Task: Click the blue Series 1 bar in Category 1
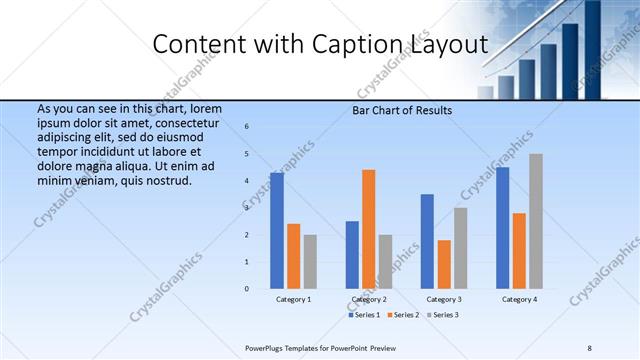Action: coord(277,231)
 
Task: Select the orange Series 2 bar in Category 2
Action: coord(368,229)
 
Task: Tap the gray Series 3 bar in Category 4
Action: coord(536,221)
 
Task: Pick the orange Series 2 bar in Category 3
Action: coord(444,264)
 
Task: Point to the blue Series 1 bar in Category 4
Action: coord(502,228)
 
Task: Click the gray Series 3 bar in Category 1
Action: coord(310,261)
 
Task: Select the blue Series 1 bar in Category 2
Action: coord(352,255)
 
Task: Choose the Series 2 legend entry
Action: coord(403,315)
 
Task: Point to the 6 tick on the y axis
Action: coord(247,126)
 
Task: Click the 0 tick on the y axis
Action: coord(247,289)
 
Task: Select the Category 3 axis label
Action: coord(444,299)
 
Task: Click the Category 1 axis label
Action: coord(293,299)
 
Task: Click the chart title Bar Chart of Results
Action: coord(403,110)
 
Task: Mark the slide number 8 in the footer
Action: coord(590,347)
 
